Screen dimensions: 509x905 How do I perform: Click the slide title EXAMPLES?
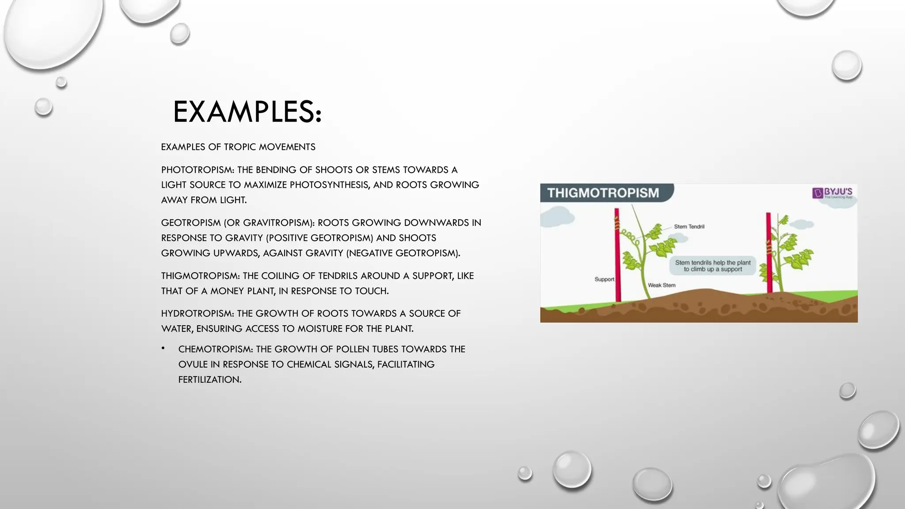pyautogui.click(x=247, y=112)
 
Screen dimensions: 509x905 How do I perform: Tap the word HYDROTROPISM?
pyautogui.click(x=198, y=314)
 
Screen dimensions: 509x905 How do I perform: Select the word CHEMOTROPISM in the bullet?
pyautogui.click(x=215, y=349)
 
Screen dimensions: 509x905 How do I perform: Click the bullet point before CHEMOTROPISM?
pyautogui.click(x=163, y=349)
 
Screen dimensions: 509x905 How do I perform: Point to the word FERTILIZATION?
pyautogui.click(x=209, y=380)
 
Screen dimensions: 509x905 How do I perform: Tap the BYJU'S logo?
pyautogui.click(x=832, y=193)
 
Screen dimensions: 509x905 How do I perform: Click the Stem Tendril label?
pyautogui.click(x=689, y=227)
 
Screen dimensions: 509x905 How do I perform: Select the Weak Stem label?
pyautogui.click(x=662, y=285)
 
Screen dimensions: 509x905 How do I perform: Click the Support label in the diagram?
pyautogui.click(x=604, y=279)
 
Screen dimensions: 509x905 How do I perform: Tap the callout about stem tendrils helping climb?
pyautogui.click(x=712, y=266)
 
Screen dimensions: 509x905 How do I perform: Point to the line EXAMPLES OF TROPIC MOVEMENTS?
pyautogui.click(x=238, y=147)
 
